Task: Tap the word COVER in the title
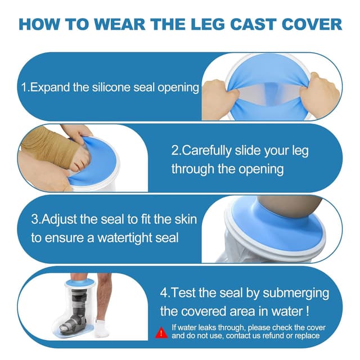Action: (x=312, y=24)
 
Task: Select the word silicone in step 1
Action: (x=111, y=87)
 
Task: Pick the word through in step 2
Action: (x=193, y=169)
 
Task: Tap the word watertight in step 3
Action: (x=125, y=237)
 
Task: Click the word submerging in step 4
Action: (x=296, y=293)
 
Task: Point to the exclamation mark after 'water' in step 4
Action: (x=308, y=312)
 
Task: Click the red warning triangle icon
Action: (x=161, y=332)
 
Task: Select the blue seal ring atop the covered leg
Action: (x=80, y=283)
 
